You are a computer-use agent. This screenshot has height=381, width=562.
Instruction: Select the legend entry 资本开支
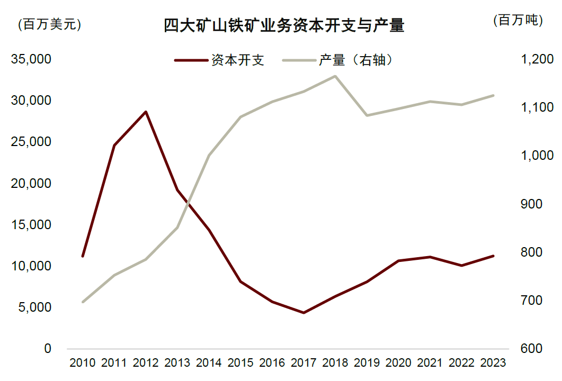[237, 60]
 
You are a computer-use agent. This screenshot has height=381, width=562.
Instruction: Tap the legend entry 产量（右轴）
[355, 60]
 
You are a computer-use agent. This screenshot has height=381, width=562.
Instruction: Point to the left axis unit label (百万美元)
[49, 24]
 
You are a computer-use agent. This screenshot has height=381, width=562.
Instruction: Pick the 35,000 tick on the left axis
[31, 59]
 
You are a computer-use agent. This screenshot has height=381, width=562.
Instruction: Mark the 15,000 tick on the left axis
[31, 224]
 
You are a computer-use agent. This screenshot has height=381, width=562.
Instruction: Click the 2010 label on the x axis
[83, 363]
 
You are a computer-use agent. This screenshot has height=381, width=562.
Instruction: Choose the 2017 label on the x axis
[304, 363]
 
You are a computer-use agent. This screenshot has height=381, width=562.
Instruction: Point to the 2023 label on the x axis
[493, 363]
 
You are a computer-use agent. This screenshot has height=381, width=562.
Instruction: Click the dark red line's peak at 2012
[146, 112]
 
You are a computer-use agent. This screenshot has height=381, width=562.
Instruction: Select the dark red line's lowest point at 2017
[304, 313]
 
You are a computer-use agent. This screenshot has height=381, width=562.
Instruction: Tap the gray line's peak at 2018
[335, 76]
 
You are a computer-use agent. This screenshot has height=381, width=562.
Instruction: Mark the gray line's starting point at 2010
[83, 302]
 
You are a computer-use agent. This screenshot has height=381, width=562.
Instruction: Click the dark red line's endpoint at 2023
[493, 256]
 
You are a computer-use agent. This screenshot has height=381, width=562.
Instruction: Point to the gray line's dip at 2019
[367, 115]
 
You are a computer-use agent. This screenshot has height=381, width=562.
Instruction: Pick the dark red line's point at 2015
[240, 282]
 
